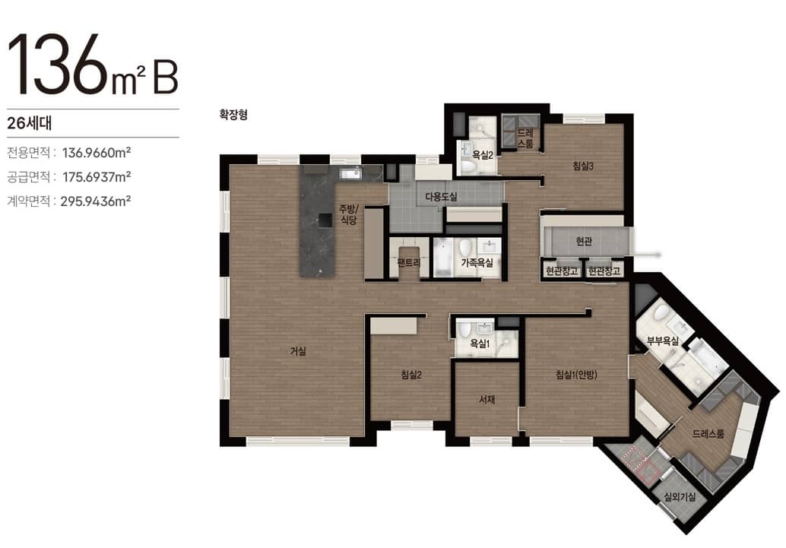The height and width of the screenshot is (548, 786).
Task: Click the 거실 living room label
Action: pyautogui.click(x=298, y=351)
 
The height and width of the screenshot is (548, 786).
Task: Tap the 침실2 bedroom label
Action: pyautogui.click(x=411, y=375)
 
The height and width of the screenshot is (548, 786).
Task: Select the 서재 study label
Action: pyautogui.click(x=486, y=400)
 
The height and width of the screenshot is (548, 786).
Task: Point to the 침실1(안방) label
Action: pyautogui.click(x=576, y=375)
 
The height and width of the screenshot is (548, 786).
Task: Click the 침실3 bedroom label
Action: pyautogui.click(x=583, y=166)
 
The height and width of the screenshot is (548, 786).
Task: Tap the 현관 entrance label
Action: pyautogui.click(x=584, y=241)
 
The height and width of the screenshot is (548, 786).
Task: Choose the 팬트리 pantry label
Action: pyautogui.click(x=408, y=262)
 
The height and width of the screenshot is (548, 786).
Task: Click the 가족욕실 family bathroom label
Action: pyautogui.click(x=477, y=262)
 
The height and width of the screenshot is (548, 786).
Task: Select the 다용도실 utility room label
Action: pyautogui.click(x=441, y=197)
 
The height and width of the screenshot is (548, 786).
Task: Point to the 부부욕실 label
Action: pyautogui.click(x=663, y=341)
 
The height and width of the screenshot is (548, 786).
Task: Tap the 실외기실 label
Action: pyautogui.click(x=680, y=497)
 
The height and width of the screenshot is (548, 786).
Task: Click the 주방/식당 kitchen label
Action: pyautogui.click(x=350, y=214)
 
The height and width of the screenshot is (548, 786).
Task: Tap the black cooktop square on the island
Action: pyautogui.click(x=325, y=220)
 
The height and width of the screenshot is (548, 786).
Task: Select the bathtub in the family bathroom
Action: pyautogui.click(x=442, y=258)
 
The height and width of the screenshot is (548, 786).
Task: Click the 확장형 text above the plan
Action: pyautogui.click(x=233, y=115)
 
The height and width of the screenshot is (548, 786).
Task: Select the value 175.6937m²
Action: pyautogui.click(x=97, y=177)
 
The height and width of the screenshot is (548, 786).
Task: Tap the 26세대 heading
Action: pyautogui.click(x=30, y=123)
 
